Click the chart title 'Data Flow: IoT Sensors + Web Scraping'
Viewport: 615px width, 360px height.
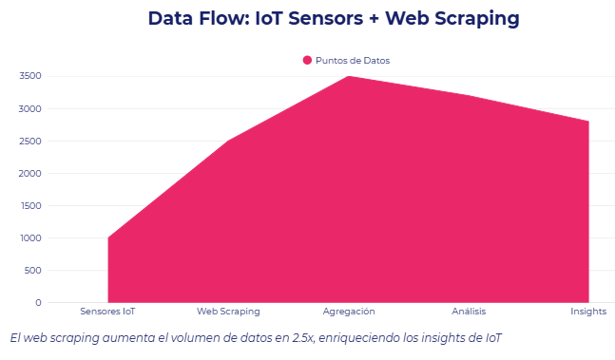click(x=335, y=18)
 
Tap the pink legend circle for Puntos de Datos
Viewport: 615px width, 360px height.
click(x=307, y=60)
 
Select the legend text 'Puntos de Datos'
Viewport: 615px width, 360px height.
click(x=353, y=60)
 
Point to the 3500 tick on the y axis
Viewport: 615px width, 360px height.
click(x=29, y=76)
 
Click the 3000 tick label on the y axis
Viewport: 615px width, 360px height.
click(x=29, y=108)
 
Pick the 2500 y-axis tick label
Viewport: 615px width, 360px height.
click(x=29, y=141)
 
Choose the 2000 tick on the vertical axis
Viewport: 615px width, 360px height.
click(x=29, y=173)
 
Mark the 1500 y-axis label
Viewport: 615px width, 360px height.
click(x=29, y=205)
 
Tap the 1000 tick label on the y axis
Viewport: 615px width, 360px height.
click(x=29, y=237)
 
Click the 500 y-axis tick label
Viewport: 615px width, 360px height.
click(x=32, y=270)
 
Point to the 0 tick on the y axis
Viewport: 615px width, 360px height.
click(x=38, y=302)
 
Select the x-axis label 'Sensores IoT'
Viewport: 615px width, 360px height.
click(x=107, y=312)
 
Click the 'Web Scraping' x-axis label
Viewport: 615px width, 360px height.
click(x=228, y=312)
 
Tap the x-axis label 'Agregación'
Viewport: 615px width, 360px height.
click(x=349, y=312)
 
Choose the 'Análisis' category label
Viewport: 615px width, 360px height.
click(x=469, y=312)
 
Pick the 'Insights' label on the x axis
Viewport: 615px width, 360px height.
click(x=588, y=312)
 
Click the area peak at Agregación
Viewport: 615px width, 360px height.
click(x=349, y=77)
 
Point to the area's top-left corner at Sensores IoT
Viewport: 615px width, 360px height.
click(x=108, y=237)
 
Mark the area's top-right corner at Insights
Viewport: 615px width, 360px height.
click(x=588, y=122)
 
